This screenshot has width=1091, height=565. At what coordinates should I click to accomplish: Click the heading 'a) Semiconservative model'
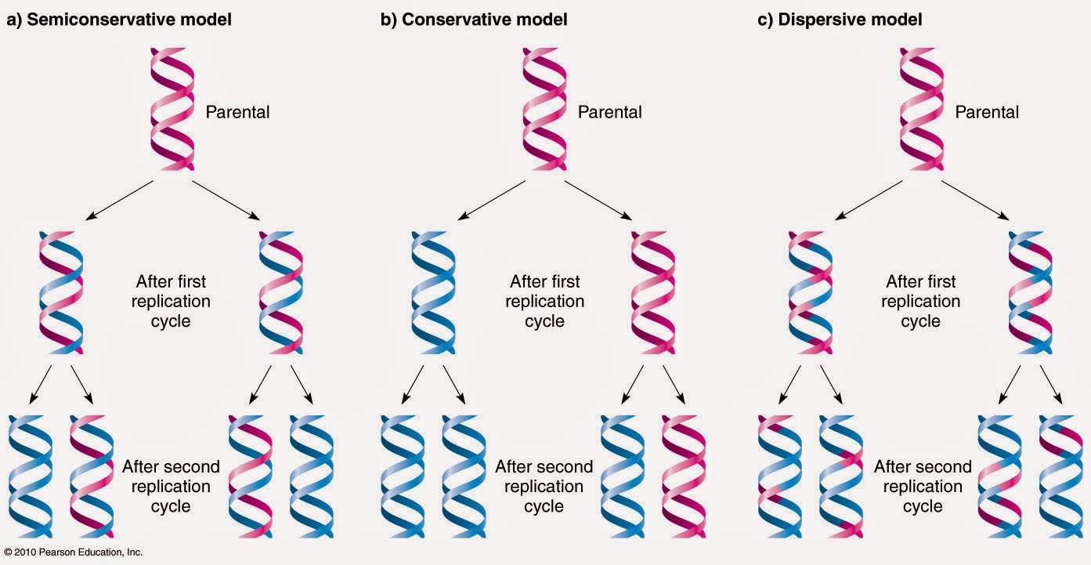(119, 20)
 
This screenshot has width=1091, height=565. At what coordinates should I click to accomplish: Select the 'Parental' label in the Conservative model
(609, 112)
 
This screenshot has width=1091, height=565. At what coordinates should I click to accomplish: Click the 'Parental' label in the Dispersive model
(987, 112)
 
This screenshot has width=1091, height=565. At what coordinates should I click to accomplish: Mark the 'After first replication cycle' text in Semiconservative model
(171, 301)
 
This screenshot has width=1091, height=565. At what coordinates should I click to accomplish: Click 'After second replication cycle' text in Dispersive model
(923, 486)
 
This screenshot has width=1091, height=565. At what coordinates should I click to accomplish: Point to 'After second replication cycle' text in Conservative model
(544, 486)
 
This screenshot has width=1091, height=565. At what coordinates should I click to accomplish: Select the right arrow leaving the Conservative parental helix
(599, 200)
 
